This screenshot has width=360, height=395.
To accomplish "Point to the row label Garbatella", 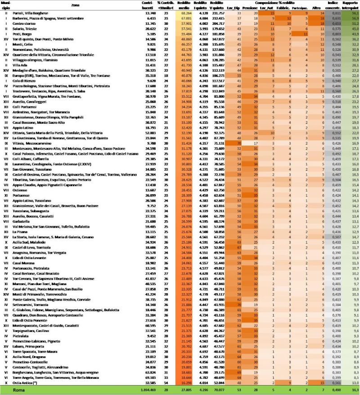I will (x=24, y=222).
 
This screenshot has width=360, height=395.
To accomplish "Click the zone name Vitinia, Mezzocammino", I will (x=33, y=142).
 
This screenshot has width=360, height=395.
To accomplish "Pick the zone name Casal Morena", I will (x=25, y=262).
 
